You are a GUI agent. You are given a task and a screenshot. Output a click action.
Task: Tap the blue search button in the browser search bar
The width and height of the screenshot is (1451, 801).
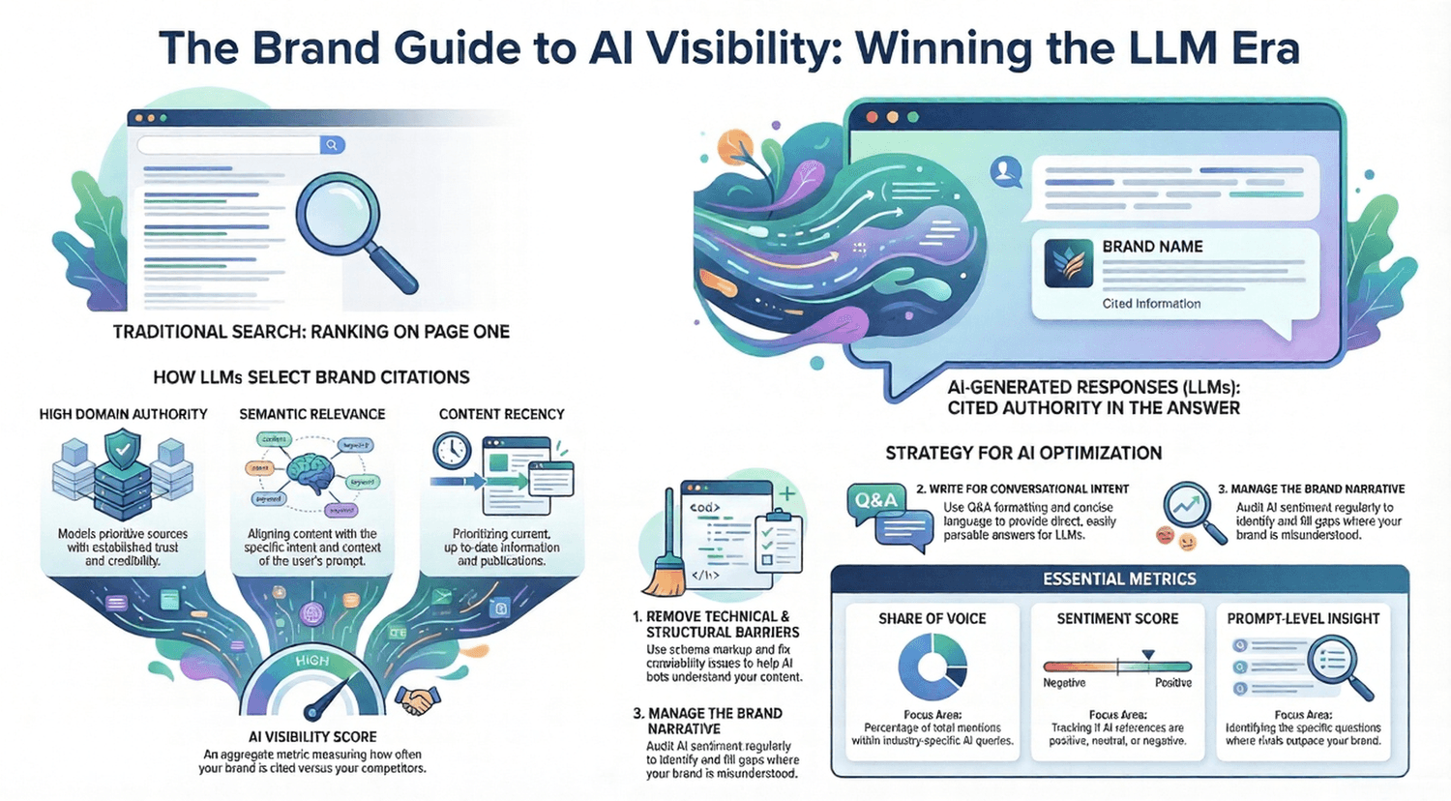click(x=332, y=145)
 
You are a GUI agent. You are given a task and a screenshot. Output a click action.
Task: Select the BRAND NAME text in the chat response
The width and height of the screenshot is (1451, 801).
click(x=1152, y=247)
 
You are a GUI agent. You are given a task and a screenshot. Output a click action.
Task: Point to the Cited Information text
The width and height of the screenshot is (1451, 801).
click(x=1151, y=304)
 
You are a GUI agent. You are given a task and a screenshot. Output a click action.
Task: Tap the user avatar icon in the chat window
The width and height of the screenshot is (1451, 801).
click(x=1007, y=172)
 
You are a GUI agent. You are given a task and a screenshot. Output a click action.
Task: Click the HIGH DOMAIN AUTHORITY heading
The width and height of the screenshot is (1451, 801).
click(x=123, y=414)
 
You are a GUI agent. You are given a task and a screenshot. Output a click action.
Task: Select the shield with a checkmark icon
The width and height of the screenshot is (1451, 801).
click(x=122, y=452)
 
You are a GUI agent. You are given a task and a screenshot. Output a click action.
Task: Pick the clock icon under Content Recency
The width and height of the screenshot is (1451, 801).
click(x=451, y=451)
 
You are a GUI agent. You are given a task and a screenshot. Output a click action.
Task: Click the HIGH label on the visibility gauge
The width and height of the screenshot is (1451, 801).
click(x=311, y=661)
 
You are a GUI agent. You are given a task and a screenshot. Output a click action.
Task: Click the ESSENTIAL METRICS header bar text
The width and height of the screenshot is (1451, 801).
click(x=1119, y=579)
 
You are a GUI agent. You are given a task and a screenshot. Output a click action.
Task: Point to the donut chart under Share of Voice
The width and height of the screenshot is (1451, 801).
click(x=933, y=667)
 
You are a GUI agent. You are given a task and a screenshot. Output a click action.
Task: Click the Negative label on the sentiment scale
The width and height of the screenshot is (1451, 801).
click(x=1064, y=683)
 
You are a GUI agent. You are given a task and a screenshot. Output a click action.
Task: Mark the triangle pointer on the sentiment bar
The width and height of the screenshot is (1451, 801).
click(x=1147, y=655)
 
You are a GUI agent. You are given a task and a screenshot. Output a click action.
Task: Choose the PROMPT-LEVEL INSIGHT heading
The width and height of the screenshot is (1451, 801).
click(x=1303, y=618)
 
